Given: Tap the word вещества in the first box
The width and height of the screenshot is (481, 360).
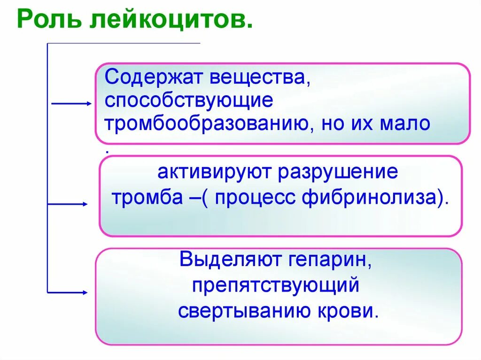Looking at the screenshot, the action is tap(259, 77).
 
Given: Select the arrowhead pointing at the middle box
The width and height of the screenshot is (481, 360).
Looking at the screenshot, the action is tap(85, 204).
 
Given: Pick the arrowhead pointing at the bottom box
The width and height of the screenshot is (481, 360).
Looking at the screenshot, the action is tap(85, 292).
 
